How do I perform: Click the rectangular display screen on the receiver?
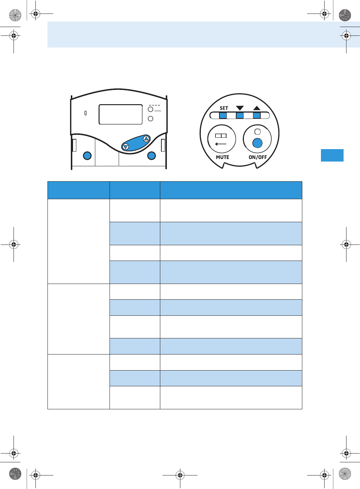click(x=120, y=114)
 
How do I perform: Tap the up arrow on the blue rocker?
click(x=146, y=139)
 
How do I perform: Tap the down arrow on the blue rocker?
click(x=126, y=147)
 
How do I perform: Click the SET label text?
click(x=224, y=108)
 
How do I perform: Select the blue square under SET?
click(x=223, y=116)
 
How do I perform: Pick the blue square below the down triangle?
click(x=240, y=116)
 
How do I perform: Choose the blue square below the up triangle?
click(x=257, y=116)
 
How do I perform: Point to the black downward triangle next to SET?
click(x=240, y=108)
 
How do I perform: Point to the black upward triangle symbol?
click(x=257, y=108)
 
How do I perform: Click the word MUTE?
click(x=222, y=157)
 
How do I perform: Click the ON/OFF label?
click(x=258, y=157)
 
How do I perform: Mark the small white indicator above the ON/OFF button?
click(x=257, y=132)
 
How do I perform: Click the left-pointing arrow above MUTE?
click(x=221, y=144)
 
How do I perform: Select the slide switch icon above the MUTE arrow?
click(x=221, y=136)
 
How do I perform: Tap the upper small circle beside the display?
click(x=150, y=109)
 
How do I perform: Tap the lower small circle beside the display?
click(x=150, y=119)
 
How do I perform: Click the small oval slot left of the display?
click(x=85, y=113)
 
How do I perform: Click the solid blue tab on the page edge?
click(x=332, y=155)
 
